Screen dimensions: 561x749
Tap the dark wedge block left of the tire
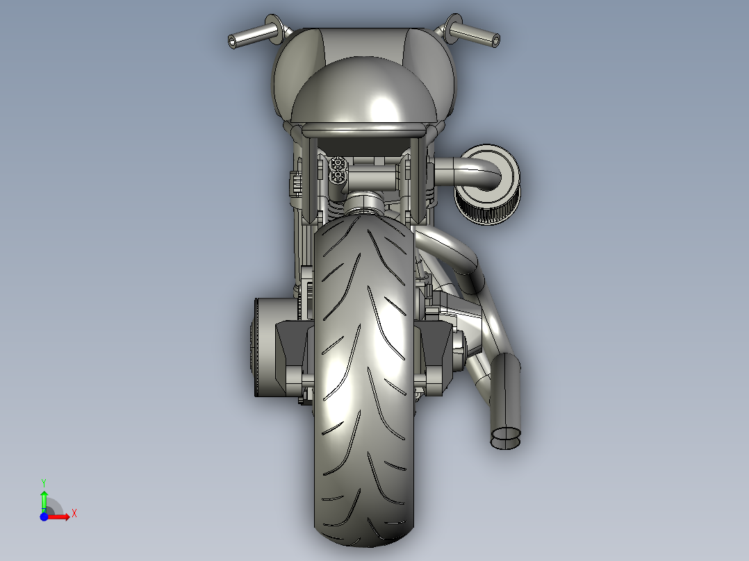(x=290, y=354)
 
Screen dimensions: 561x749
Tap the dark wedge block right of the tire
(x=435, y=354)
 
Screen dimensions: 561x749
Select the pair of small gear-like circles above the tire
(x=339, y=170)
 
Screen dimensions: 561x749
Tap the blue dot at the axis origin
(x=44, y=517)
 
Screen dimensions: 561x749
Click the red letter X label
(x=74, y=514)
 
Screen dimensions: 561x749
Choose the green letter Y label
(x=43, y=482)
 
